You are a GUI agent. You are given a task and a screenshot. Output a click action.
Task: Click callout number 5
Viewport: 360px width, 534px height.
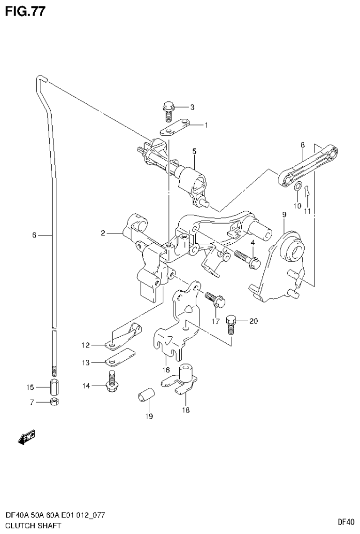coord(194,151)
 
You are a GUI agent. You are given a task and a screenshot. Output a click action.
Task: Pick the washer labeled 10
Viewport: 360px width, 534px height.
coord(297,188)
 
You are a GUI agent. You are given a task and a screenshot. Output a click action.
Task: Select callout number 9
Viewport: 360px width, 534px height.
coord(284,215)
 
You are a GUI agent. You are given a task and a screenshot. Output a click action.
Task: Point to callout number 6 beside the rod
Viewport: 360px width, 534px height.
coord(34,235)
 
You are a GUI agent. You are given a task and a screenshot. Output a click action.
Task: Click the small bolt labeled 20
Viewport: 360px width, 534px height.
coord(230,325)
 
